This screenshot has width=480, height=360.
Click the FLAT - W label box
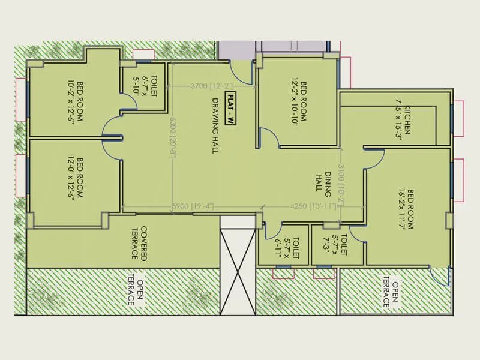coord(230,109)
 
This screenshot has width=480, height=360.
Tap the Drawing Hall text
coord(214,127)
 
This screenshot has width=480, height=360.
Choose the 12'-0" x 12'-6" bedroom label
coord(75,178)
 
